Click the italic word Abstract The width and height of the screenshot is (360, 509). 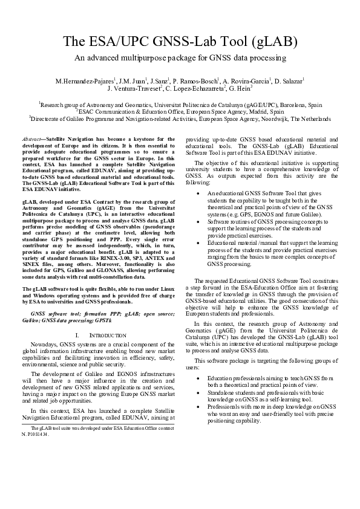[33, 139]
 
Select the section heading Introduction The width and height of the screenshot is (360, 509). [110, 334]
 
